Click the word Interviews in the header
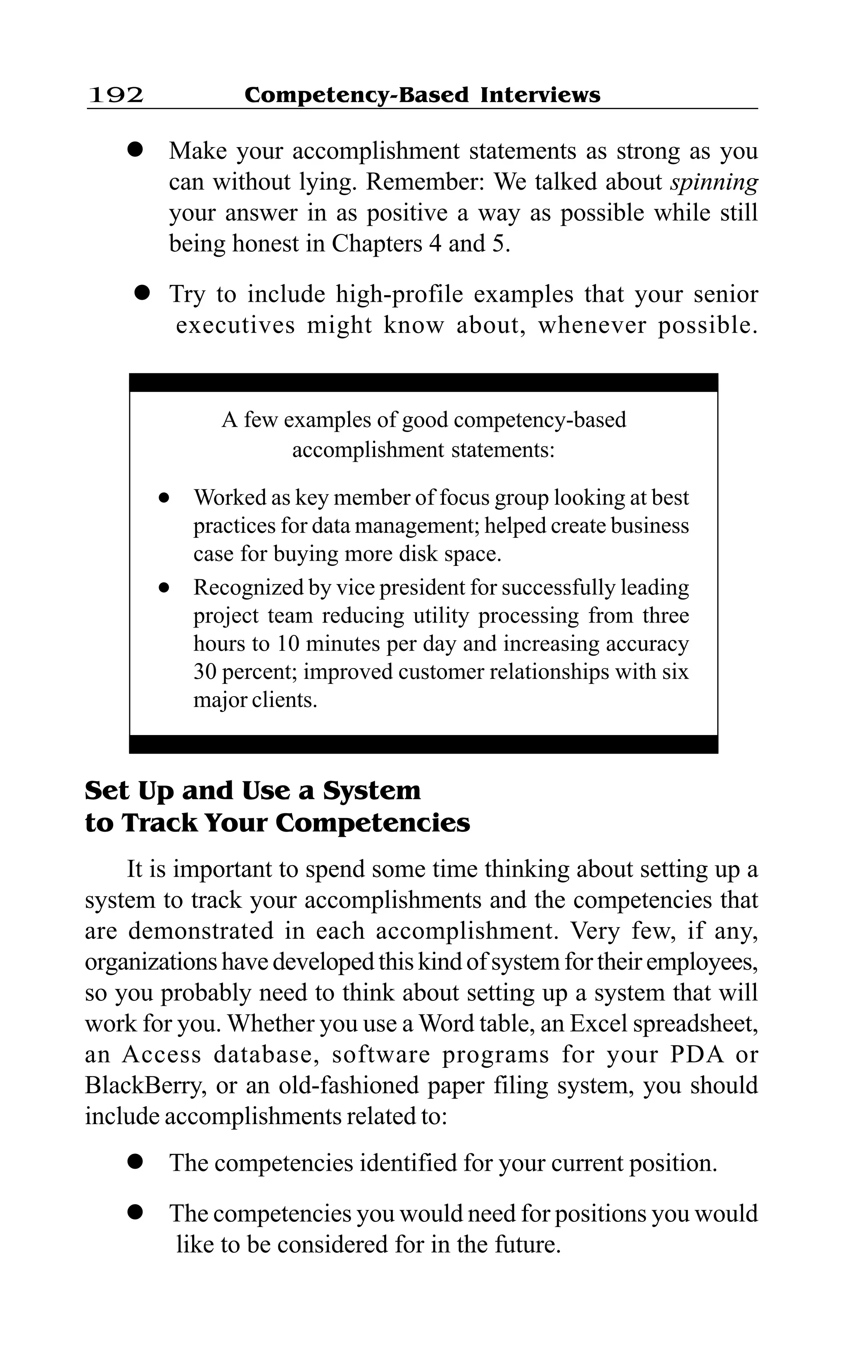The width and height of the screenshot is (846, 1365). tap(540, 95)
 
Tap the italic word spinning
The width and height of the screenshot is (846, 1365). tap(714, 182)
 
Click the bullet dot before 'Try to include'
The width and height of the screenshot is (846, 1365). tap(142, 294)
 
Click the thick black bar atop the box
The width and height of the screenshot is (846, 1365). tap(423, 382)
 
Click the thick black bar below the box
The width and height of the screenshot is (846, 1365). tap(423, 744)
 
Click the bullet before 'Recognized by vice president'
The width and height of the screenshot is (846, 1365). tap(164, 588)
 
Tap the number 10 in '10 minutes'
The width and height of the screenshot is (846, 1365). tap(289, 644)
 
